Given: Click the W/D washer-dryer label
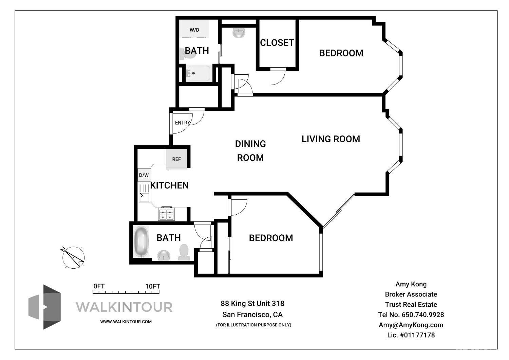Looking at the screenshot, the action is pos(194,30).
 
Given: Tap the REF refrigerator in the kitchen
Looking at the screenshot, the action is pos(176,159).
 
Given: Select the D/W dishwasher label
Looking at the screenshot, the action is pos(144,175).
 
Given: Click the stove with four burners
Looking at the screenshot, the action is pos(167,214).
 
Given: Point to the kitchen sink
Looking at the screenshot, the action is pos(144,193).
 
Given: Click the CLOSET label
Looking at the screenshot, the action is pos(277,42).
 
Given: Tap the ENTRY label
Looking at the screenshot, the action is pos(182,123).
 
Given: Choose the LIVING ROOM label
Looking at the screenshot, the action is pos(331,139).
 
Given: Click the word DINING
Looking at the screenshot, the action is pos(250,144).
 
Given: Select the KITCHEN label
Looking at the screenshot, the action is pos(170,185).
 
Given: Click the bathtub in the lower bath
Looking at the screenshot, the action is pos(141,242).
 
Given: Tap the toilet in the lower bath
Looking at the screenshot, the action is pos(184,252).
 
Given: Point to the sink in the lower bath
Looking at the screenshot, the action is pos(164,255).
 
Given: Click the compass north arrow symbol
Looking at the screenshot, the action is pos(73,257).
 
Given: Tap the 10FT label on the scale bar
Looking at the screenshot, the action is pos(153,286).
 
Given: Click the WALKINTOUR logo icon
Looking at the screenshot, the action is pos(45,307).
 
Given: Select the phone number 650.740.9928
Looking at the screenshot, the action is pos(423,314).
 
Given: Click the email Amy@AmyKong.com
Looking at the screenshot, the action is pos(411,325).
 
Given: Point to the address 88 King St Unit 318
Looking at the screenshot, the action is pos(252,303).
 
